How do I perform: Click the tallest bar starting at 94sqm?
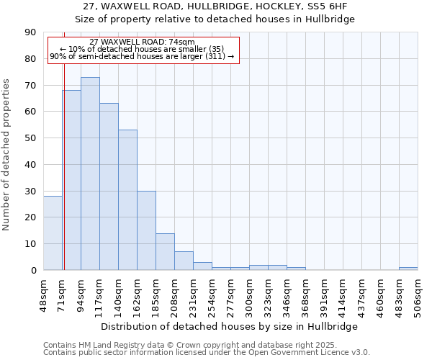(90, 174)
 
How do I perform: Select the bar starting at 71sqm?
(71, 180)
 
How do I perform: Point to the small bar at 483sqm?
(408, 269)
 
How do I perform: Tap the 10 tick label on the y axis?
(30, 244)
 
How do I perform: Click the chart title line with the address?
(215, 6)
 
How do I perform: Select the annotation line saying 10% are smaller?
(143, 49)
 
